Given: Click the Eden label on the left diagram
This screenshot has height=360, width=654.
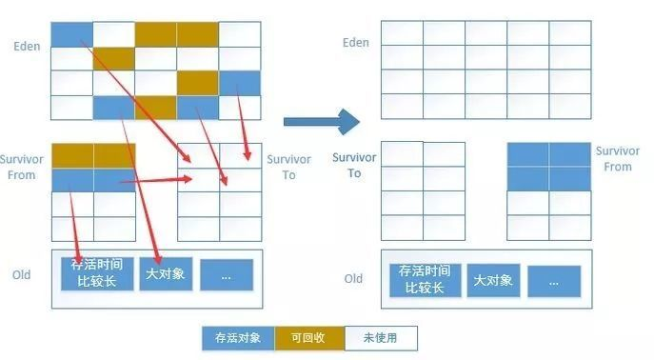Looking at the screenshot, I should [27, 46].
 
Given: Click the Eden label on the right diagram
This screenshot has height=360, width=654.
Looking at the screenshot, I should [355, 43].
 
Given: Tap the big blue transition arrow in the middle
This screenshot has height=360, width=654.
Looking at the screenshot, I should [321, 121].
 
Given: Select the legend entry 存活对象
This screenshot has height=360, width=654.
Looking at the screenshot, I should [238, 338].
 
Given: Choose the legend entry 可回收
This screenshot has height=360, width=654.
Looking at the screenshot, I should [309, 338].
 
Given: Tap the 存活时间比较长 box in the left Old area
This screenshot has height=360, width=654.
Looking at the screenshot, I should [95, 273].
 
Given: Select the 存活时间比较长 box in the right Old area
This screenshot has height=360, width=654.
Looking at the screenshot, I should [422, 280].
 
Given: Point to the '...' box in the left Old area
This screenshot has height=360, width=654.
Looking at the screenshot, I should [226, 274].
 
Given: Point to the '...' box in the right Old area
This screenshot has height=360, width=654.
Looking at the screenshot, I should [554, 281].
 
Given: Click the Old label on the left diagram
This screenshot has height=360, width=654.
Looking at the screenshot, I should [21, 275].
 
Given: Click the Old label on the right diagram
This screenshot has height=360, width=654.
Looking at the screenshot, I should [353, 279].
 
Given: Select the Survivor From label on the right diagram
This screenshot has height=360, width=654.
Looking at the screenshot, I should [617, 159].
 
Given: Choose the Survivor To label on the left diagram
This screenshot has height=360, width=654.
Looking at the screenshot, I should [288, 168].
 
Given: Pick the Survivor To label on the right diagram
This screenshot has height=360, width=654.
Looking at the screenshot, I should [354, 166].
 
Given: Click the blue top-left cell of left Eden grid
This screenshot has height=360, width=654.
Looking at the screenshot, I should [71, 34].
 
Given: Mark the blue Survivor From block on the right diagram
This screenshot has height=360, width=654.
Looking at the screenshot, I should [548, 166].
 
